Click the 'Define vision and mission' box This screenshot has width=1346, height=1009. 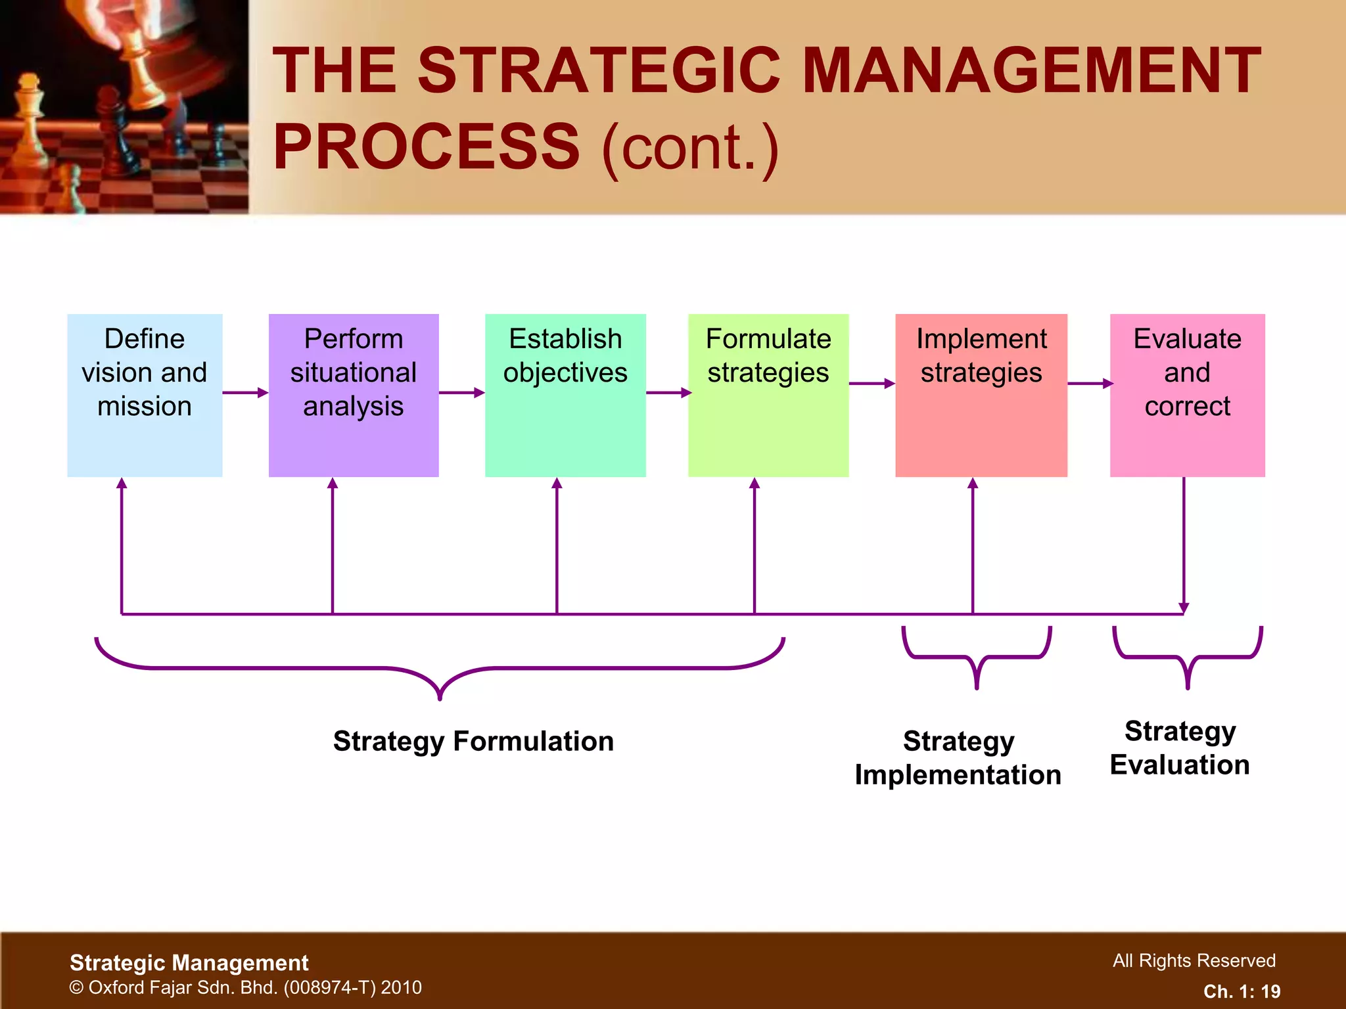pos(145,395)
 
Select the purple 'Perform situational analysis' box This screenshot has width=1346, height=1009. pos(354,395)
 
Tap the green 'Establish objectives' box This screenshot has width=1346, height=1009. pos(565,395)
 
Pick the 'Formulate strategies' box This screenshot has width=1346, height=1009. pos(768,395)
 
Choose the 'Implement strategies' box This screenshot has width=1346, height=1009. pos(981,395)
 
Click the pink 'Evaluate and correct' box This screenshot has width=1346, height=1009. pos(1187,395)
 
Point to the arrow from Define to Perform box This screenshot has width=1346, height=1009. pos(245,393)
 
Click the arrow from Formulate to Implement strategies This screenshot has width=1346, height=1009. pos(871,384)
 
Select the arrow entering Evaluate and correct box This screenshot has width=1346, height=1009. pos(1089,384)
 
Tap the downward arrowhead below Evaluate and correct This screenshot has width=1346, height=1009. pos(1184,607)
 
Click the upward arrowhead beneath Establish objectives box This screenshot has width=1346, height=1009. pos(557,484)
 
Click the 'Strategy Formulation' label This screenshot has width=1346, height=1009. pos(473,741)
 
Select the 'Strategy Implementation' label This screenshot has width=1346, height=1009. pos(958,757)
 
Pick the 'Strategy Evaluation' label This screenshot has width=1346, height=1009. pos(1180,748)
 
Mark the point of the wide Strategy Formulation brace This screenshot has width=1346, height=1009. pos(440,696)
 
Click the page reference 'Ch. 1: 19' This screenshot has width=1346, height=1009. pos(1242,991)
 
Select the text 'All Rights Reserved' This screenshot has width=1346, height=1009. pos(1194,960)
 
